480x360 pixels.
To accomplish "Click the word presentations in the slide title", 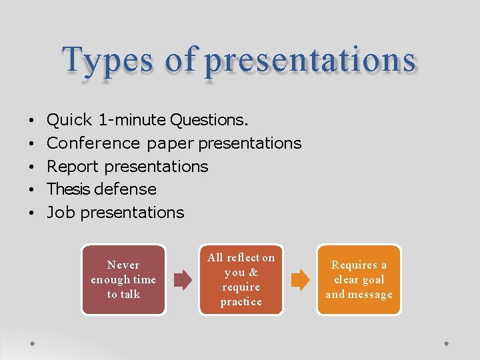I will pos(310,61).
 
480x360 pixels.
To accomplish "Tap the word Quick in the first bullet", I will pos(69,121).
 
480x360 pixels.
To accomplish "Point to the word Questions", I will pos(209,121).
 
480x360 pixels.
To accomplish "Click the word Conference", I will pos(93,143).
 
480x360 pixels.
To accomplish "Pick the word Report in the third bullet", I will pos(73,167).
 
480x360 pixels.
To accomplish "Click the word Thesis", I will pos(69,189).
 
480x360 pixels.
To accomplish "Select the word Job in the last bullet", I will pos(60,213).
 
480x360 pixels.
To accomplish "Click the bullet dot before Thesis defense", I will pos(31,190).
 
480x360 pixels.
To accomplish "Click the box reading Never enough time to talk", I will pos(123,280).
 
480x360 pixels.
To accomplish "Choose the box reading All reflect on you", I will pos(241,280).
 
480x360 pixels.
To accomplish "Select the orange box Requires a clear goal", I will pos(359,280).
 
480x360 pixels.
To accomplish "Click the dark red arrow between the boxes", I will pos(182,280).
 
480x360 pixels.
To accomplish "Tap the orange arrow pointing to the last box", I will pos(300,280).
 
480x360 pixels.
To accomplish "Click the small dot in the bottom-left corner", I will pos(32,343).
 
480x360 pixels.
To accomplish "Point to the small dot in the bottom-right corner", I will pos(447,343).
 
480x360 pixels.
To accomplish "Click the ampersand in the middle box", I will pos(253,273).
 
